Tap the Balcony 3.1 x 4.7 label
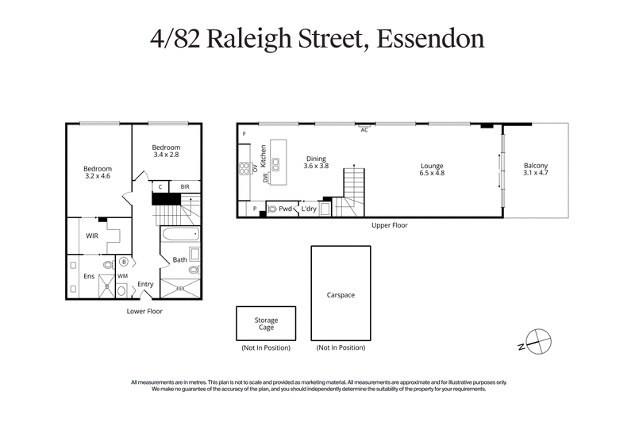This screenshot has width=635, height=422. point(536,167)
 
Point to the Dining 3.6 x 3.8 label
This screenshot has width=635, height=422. point(317,162)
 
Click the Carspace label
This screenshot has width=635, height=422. point(341,294)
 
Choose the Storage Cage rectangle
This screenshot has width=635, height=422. point(266,324)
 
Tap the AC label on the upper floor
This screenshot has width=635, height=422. point(364,130)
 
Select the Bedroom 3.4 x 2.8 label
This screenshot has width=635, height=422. point(167,152)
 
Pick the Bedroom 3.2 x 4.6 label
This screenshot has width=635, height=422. point(98,172)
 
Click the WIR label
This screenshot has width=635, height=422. point(93,236)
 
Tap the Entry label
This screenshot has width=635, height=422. point(145,284)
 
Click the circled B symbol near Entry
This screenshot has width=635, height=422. point(124,261)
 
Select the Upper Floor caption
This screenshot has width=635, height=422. point(390,225)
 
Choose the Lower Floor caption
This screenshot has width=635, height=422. point(144,311)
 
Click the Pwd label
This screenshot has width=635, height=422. point(285,209)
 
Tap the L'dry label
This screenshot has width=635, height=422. point(309,209)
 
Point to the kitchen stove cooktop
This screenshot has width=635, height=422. point(244,167)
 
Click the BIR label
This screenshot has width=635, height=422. point(185,187)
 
